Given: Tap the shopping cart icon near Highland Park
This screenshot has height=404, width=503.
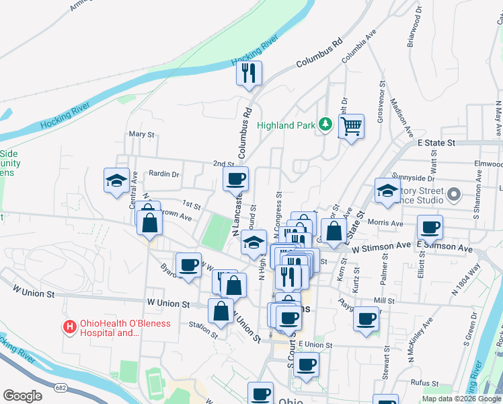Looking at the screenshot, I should pos(351,126).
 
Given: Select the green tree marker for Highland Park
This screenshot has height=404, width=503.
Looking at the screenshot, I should pos(325,125).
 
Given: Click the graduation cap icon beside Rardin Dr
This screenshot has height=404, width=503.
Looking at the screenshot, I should pos(116,180).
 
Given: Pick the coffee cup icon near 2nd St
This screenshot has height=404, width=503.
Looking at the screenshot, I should pos(235,179).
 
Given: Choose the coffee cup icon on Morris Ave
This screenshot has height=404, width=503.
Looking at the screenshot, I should pos(430,227).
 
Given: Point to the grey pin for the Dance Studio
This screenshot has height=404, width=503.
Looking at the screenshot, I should pos(454,195).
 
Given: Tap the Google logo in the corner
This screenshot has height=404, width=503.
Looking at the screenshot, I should pos(22,396).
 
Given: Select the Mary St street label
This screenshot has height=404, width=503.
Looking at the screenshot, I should pos(141,134).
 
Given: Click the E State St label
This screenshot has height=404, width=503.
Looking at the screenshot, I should pos(436,143).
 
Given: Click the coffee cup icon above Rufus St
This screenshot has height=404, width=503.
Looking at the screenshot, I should pos(306,364).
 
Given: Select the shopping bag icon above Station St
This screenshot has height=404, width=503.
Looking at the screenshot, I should pos(221,311).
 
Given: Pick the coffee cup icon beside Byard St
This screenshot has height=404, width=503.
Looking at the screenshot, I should pos(188,264).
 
